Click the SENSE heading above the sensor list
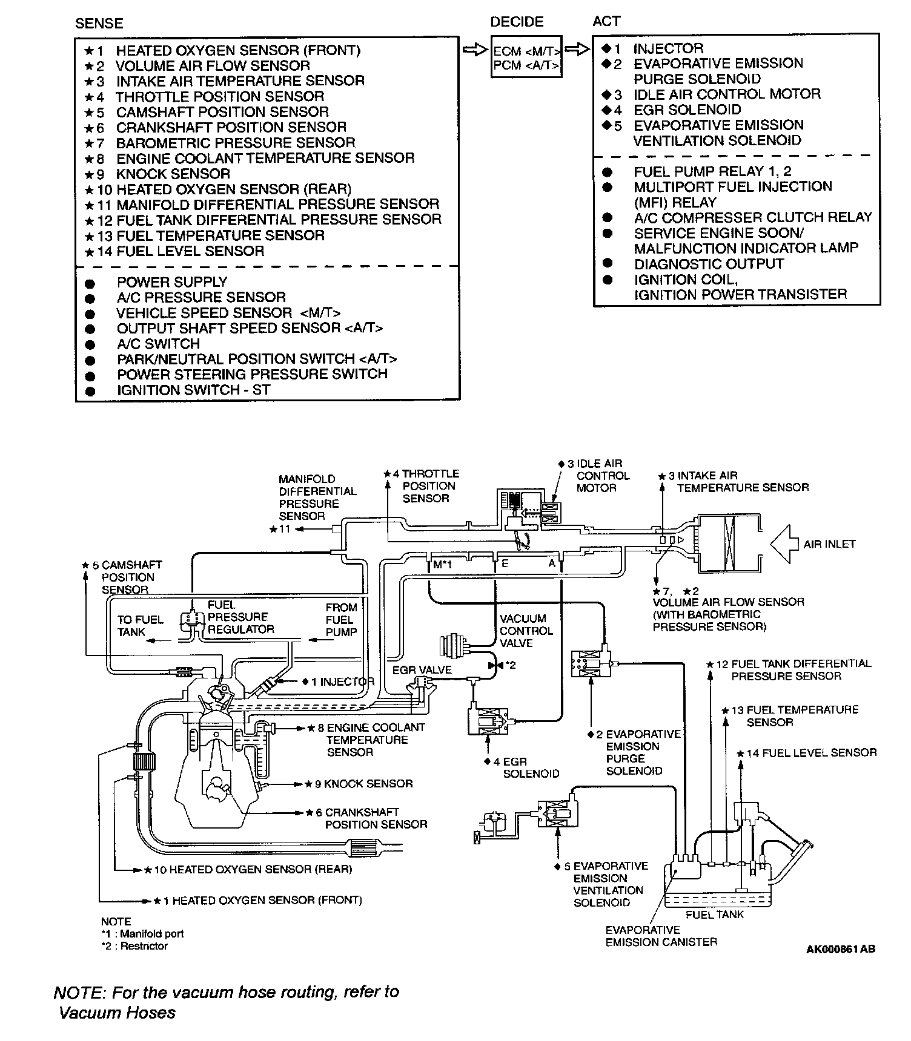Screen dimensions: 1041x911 coord(99,24)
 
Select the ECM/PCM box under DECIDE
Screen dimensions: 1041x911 coord(526,57)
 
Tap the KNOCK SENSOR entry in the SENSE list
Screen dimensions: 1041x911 coord(173,174)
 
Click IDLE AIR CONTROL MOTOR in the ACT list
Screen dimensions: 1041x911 coord(727,94)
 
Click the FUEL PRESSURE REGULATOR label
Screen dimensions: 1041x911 coord(240,617)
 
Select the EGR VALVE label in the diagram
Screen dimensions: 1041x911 coord(422,670)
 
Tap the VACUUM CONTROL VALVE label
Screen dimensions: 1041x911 coord(526,631)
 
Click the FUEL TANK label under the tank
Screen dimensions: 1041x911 coord(715,914)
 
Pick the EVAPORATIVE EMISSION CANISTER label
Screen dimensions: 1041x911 coord(661,936)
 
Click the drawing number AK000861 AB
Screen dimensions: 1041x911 coord(840,950)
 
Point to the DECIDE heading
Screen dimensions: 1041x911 coord(517,22)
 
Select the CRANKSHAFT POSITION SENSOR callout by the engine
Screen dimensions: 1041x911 coord(376,818)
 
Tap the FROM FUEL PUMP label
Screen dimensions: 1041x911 coord(341,620)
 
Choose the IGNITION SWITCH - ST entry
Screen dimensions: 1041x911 coord(193,390)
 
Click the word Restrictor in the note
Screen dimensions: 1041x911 coord(144,946)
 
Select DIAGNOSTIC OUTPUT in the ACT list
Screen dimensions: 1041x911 coord(709,264)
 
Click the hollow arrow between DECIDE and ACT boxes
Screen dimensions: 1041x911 coord(577,49)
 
